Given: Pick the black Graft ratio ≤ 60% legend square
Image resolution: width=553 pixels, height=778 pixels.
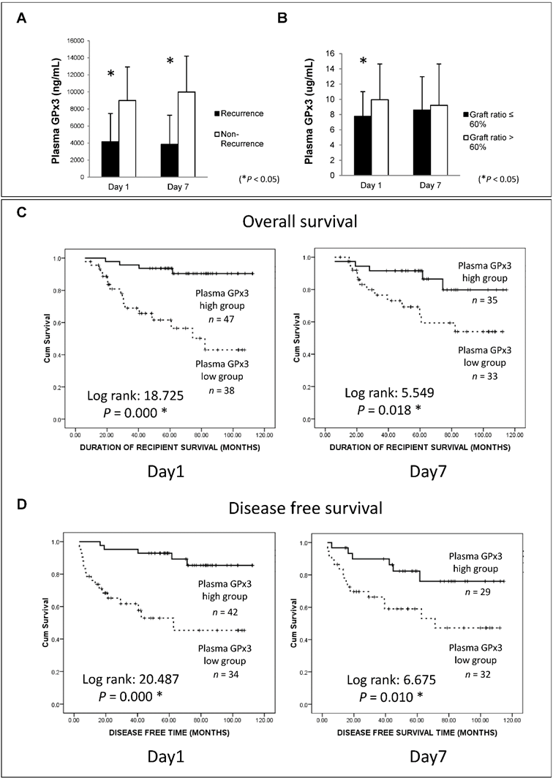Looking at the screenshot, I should [464, 115].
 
